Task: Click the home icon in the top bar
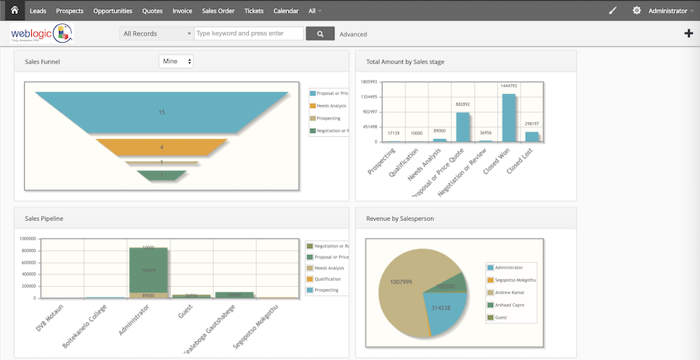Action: [14, 11]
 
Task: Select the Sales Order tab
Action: [219, 12]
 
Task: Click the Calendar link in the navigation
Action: [285, 12]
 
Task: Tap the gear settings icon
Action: [637, 11]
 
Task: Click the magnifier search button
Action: [320, 33]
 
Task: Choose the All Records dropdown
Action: [156, 33]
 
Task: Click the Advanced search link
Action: [353, 34]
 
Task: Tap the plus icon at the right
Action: [688, 33]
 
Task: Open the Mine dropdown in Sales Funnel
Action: [176, 61]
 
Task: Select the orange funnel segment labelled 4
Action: [162, 146]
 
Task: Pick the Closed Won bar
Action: [509, 117]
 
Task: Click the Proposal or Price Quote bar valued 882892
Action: [463, 127]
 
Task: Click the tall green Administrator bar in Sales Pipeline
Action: [148, 270]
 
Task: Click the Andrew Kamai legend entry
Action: [509, 292]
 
